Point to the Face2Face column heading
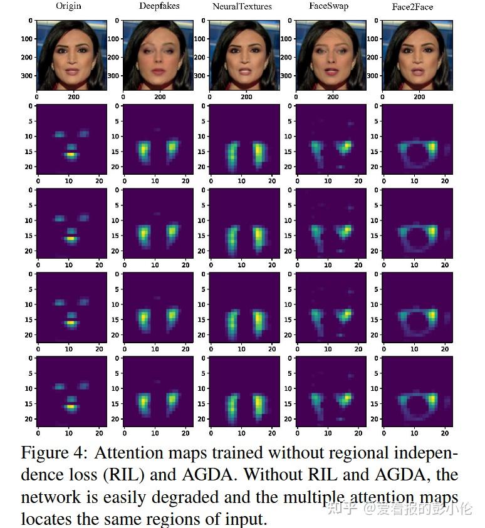[417, 7]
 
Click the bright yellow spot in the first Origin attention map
[71, 153]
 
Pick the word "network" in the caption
[49, 497]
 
